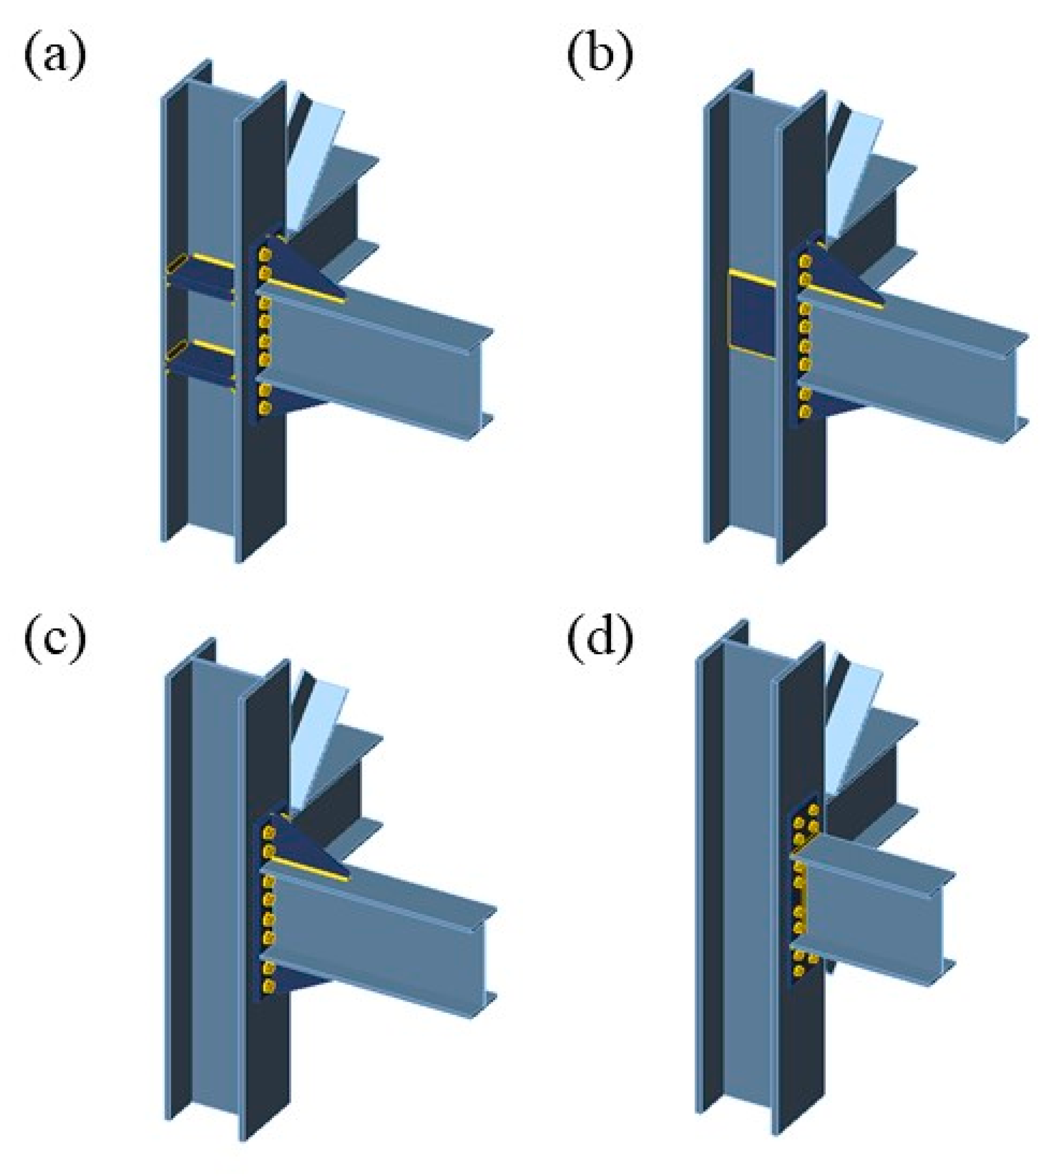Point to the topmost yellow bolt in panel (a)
(x=265, y=254)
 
